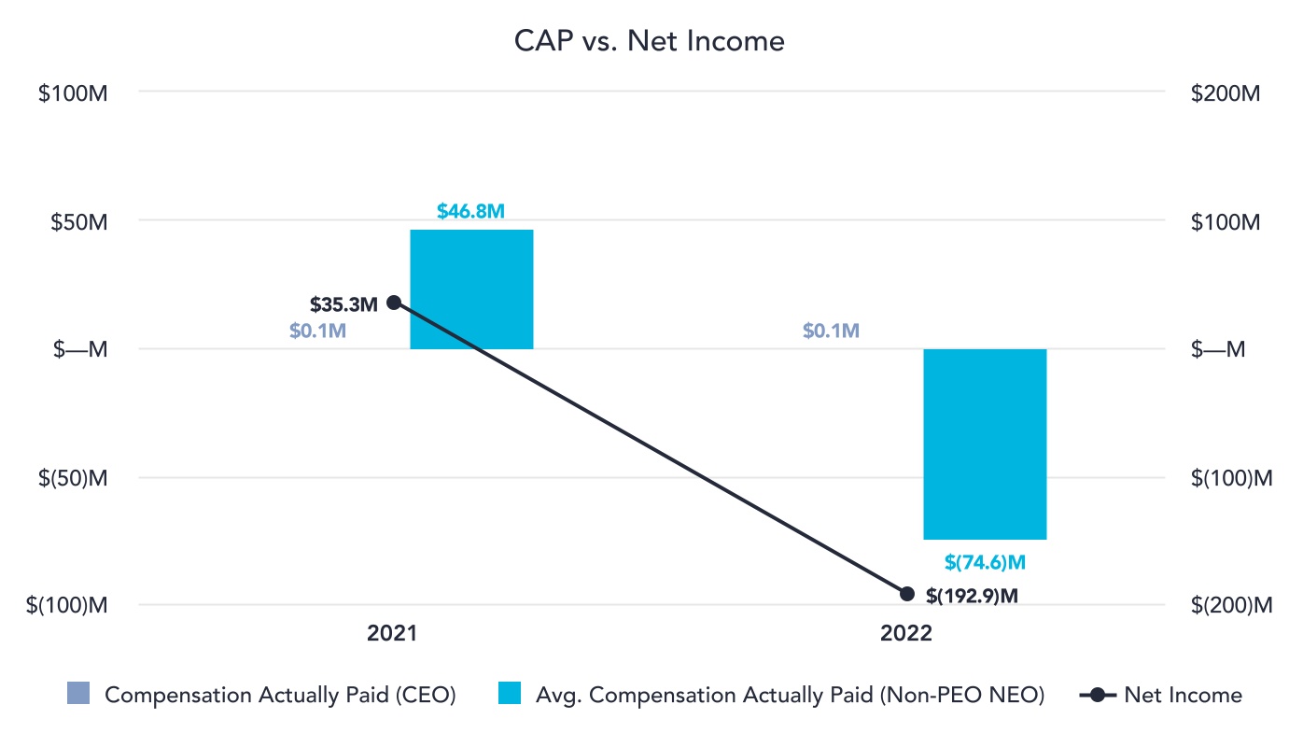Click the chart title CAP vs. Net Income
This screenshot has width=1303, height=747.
[650, 41]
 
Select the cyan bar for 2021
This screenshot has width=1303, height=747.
[471, 289]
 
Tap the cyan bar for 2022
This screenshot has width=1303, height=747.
[985, 444]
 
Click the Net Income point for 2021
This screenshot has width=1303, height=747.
[394, 303]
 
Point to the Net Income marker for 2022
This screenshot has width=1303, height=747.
[906, 594]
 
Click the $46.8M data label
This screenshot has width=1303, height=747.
[471, 211]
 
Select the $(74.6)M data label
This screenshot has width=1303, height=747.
[986, 562]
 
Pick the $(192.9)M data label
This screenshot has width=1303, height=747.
[972, 595]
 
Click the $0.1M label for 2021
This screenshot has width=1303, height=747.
[317, 331]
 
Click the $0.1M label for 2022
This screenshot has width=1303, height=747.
[831, 331]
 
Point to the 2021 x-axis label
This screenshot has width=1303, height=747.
[392, 634]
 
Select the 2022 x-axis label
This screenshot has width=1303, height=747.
[906, 634]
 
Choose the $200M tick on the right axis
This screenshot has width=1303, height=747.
[1226, 93]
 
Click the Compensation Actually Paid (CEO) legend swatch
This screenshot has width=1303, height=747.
[78, 695]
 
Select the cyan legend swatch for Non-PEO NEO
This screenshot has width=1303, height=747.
[510, 695]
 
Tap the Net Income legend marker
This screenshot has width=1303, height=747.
[1098, 695]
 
